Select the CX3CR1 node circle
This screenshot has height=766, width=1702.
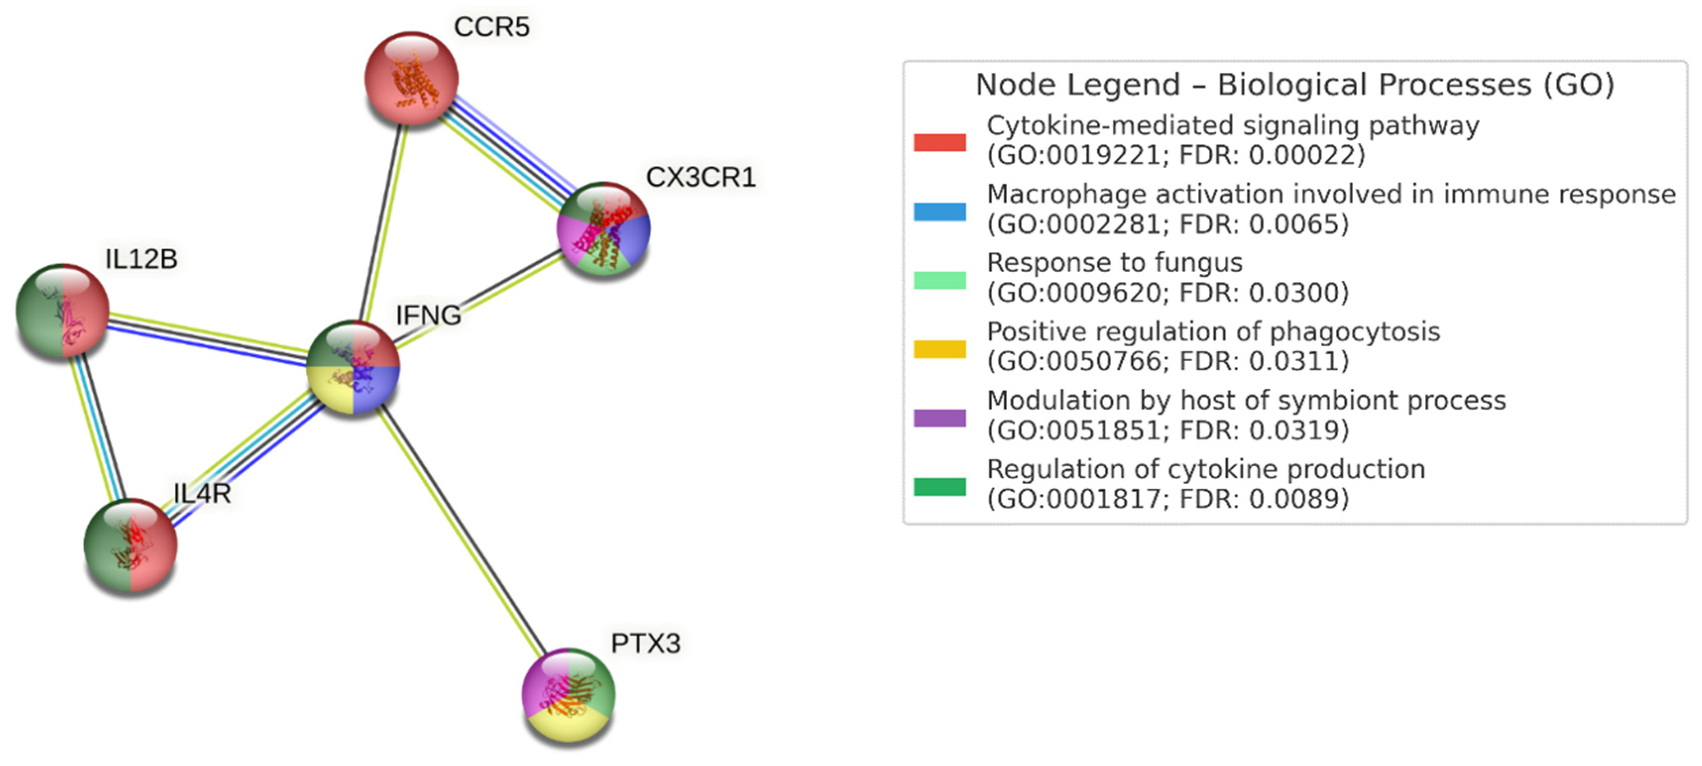pos(604,228)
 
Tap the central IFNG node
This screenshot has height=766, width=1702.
pos(353,367)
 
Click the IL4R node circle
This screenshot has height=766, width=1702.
pos(130,545)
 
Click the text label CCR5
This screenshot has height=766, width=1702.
pos(492,27)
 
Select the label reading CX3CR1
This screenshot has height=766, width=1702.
pos(700,177)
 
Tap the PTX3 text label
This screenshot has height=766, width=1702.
pos(645,643)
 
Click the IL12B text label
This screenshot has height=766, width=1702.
pos(141,259)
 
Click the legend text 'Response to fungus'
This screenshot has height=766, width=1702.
pos(1114,263)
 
